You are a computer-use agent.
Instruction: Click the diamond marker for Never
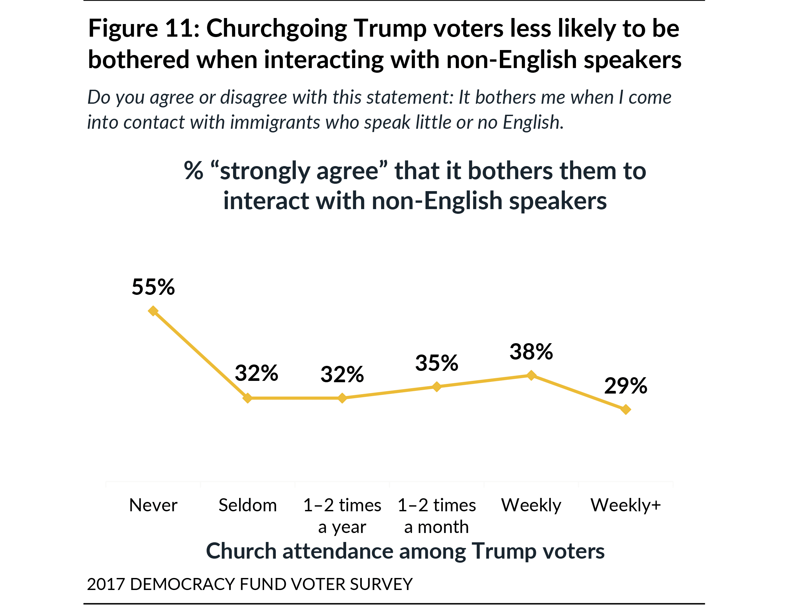click(x=153, y=311)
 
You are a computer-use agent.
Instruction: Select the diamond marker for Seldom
click(x=247, y=398)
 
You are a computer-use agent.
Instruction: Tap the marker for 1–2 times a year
click(x=342, y=398)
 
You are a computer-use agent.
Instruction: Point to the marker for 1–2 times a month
click(x=437, y=387)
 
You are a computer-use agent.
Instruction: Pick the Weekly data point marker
click(x=531, y=375)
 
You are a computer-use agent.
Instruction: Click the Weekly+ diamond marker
click(x=626, y=410)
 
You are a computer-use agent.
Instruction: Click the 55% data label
click(x=153, y=287)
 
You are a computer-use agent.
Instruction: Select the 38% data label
click(x=531, y=352)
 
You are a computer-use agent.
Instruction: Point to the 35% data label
click(x=437, y=363)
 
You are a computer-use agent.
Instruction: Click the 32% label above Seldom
click(x=256, y=373)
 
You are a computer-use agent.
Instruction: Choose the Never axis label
click(x=153, y=505)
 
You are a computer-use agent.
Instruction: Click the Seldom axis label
click(x=247, y=505)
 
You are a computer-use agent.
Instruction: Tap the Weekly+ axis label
click(x=626, y=505)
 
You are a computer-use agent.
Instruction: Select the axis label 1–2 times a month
click(x=437, y=516)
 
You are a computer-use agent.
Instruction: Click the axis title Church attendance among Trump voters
click(x=405, y=551)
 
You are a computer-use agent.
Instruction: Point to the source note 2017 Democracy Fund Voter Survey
click(x=249, y=584)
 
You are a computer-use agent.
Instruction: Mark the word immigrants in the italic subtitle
click(x=275, y=122)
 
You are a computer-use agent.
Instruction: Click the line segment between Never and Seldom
click(x=200, y=354)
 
